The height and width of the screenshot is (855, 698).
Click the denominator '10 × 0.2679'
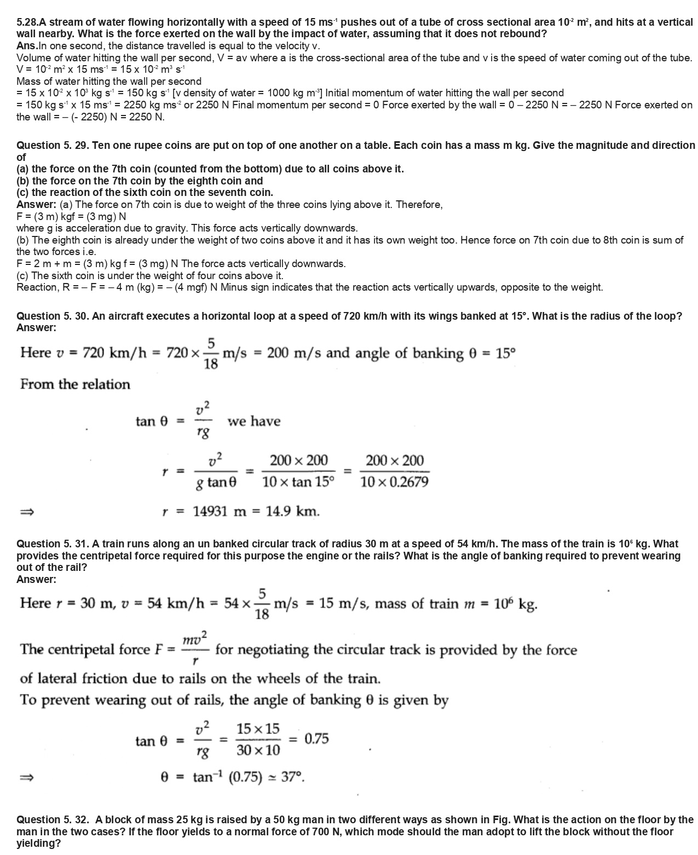point(394,482)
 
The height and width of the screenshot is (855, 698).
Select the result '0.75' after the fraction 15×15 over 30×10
point(316,739)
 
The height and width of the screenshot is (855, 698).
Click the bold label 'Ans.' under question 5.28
point(27,46)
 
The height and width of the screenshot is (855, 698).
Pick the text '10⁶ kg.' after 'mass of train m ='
point(515,604)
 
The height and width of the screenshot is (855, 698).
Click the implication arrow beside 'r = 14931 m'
point(27,512)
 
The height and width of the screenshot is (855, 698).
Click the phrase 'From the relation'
point(75,385)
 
